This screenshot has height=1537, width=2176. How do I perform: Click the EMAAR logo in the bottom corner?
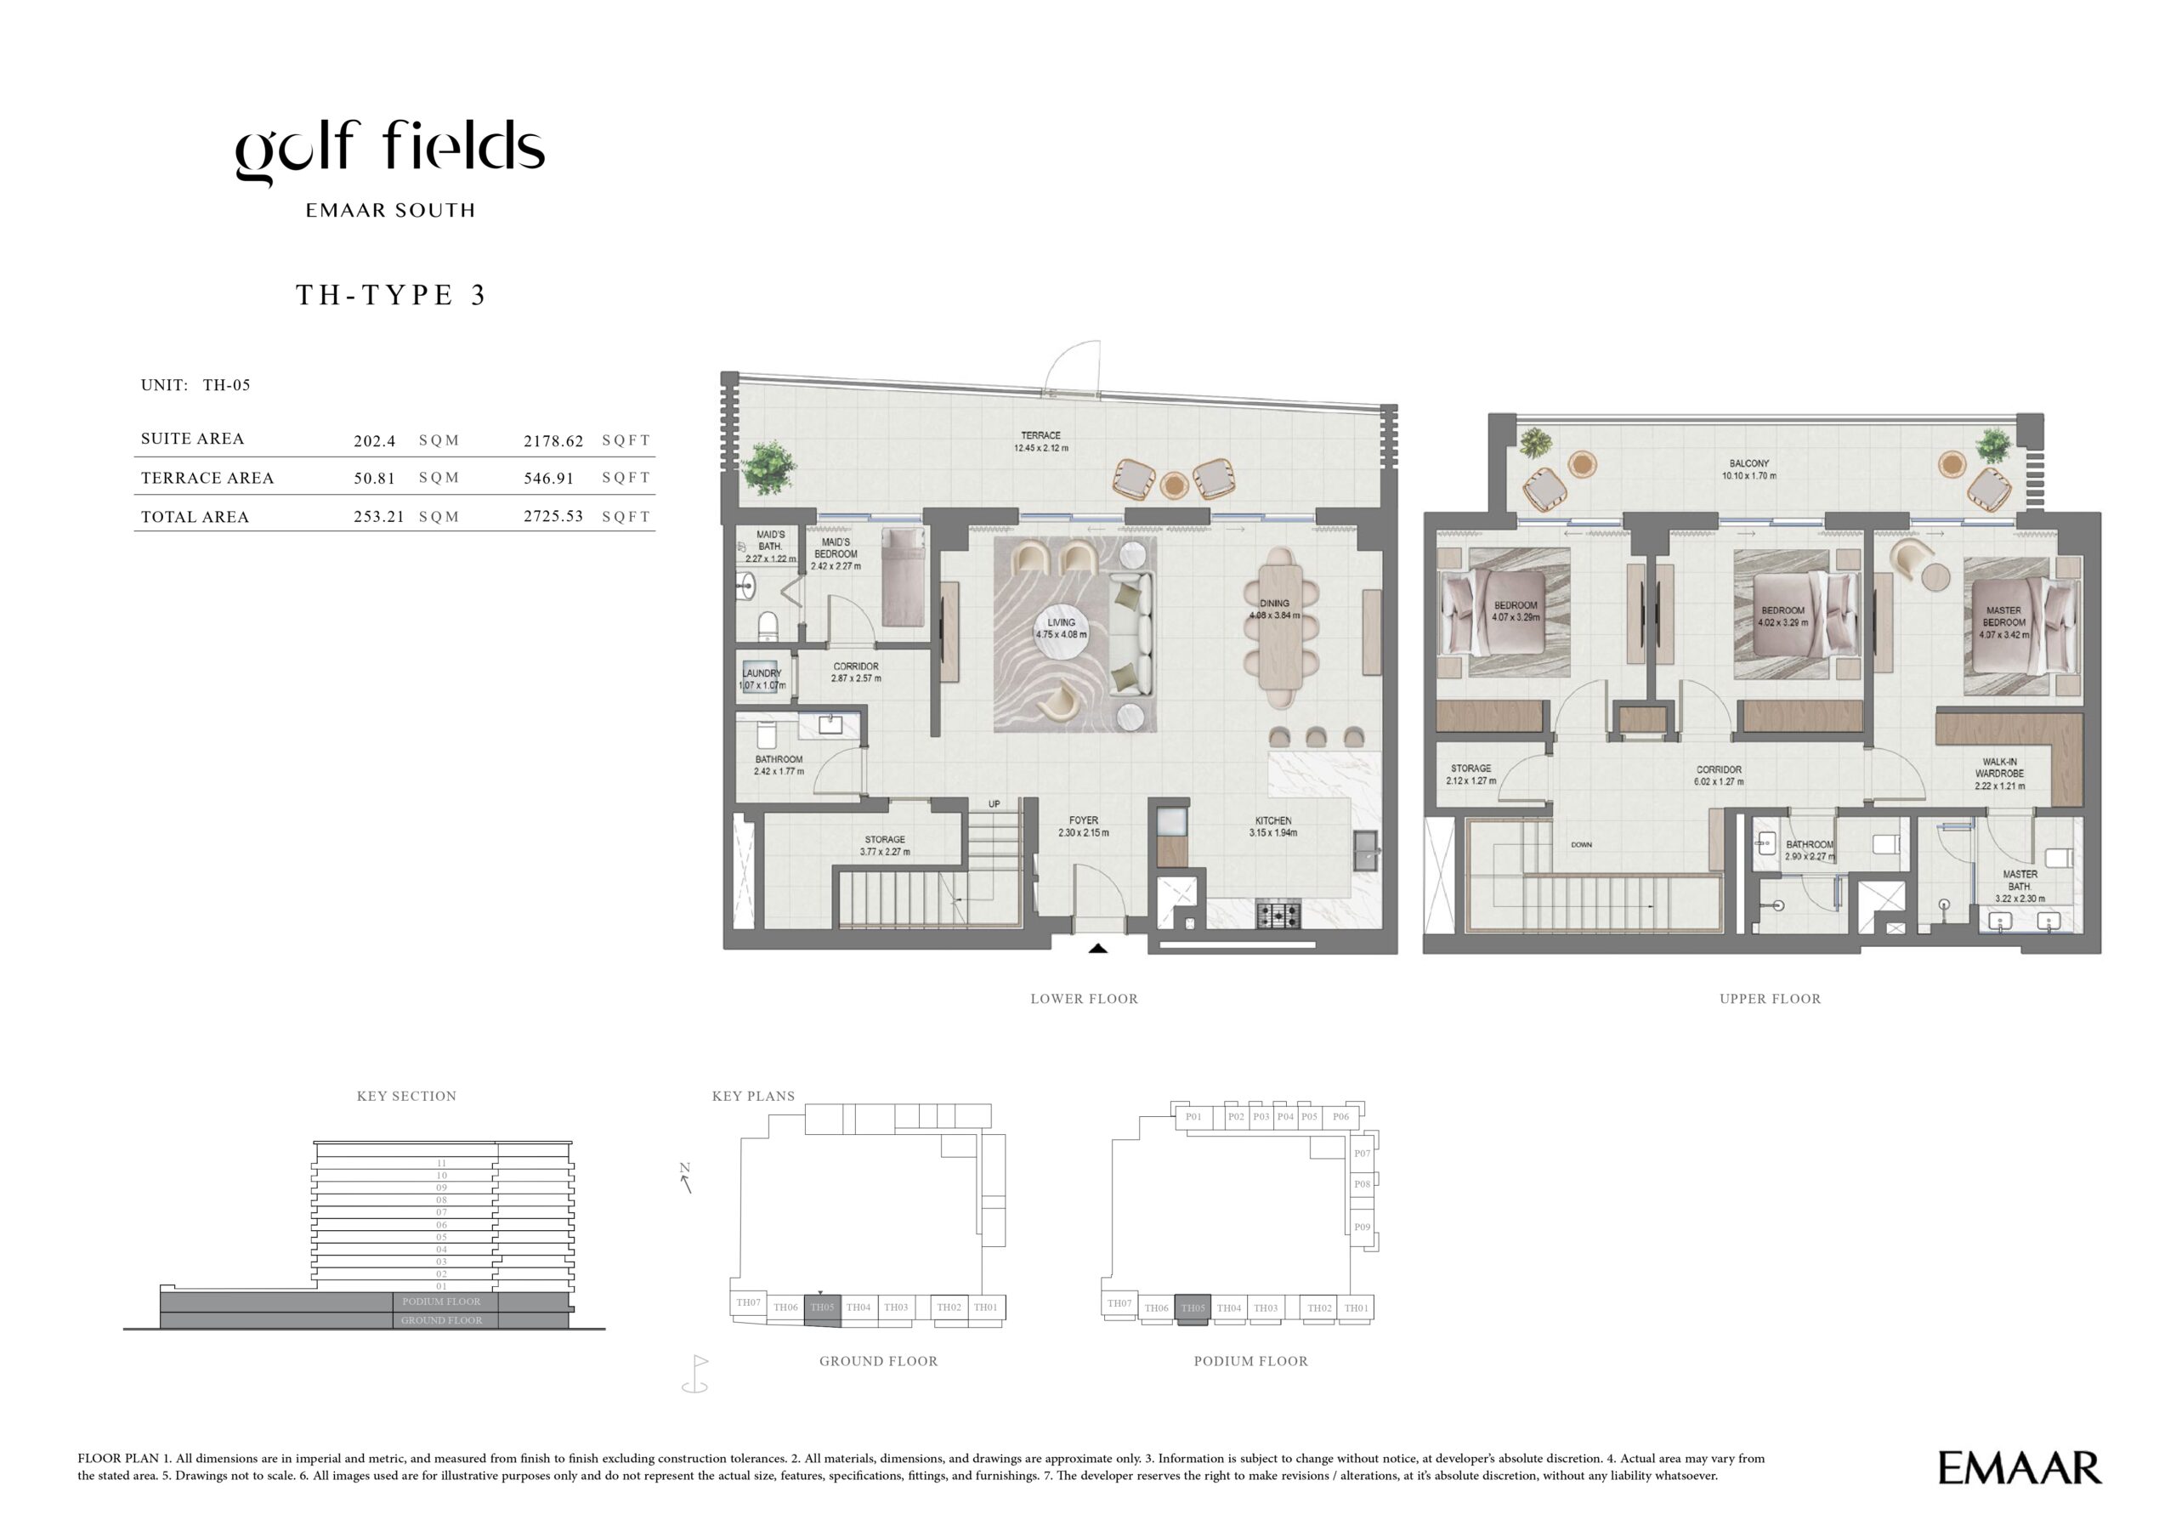click(2020, 1468)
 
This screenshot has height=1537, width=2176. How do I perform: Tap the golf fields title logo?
click(389, 151)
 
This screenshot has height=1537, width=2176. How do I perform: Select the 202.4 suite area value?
click(374, 440)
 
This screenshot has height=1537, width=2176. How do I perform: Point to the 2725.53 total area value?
click(553, 516)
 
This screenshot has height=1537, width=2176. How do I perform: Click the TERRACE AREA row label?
click(207, 479)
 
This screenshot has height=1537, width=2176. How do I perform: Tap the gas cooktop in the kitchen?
click(1278, 916)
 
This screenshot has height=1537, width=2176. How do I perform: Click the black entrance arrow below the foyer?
click(1097, 948)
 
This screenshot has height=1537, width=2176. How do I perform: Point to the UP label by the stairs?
click(994, 804)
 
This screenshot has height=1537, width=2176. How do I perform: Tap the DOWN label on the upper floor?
click(1581, 844)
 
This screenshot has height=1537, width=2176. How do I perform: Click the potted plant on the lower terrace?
click(768, 468)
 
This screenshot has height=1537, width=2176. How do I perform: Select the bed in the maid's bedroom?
click(904, 577)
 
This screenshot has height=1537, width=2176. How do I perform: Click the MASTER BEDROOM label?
click(2003, 617)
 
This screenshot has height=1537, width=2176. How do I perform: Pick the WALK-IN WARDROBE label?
click(2000, 768)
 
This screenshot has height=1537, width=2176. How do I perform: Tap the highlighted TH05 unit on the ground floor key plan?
click(822, 1307)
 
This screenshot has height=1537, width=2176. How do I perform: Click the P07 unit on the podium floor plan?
click(1361, 1154)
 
